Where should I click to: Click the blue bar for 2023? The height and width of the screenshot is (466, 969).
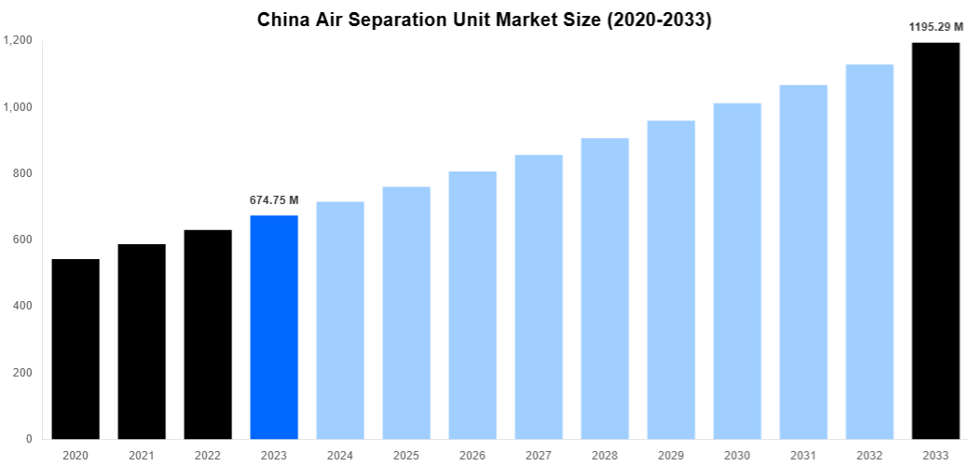point(274,327)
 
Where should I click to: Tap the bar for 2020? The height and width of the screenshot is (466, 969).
point(75,349)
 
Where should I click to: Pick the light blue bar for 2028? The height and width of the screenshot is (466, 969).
point(605,288)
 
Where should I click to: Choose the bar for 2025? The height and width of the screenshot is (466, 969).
point(406,312)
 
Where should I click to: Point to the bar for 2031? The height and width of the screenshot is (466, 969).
point(803,262)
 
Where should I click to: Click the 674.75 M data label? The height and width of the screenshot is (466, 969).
point(274,200)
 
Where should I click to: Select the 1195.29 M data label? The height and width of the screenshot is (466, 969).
point(935,27)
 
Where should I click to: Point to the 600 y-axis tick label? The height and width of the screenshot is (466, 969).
point(21,240)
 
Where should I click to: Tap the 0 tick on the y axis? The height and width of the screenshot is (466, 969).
point(28,439)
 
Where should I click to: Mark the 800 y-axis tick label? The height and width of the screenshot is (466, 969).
point(21,173)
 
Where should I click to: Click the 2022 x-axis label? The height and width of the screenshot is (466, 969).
point(208,455)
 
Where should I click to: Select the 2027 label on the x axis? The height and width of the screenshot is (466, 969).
point(539,455)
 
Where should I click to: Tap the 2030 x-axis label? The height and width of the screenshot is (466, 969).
point(737,455)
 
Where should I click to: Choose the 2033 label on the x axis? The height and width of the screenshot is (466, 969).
point(935,455)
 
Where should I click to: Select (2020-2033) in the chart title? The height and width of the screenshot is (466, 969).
point(659,20)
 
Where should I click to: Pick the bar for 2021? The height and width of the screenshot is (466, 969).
point(142,341)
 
